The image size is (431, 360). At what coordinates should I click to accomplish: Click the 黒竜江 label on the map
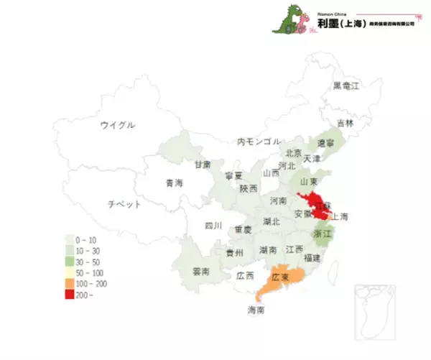click(346, 86)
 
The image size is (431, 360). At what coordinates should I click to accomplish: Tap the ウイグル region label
click(118, 125)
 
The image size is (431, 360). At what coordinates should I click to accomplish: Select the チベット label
click(124, 203)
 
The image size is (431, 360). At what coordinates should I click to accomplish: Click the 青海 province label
click(174, 183)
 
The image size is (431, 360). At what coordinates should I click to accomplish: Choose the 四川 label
click(213, 226)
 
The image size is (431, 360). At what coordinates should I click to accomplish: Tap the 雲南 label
click(202, 272)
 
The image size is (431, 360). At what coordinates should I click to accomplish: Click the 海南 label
click(256, 310)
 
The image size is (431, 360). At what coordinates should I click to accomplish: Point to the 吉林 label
click(346, 123)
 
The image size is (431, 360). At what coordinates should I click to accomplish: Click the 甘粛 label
click(203, 164)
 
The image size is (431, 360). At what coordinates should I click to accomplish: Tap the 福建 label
click(312, 257)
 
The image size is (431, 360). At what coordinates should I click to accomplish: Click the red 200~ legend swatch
click(70, 295)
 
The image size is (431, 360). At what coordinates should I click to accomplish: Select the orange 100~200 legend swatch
click(70, 285)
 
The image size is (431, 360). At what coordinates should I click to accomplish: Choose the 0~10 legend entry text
click(87, 238)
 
